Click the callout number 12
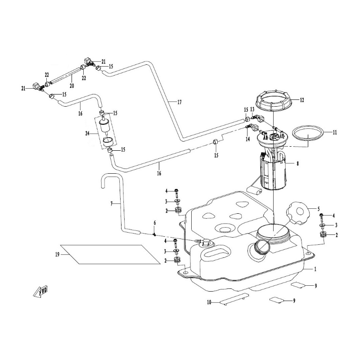pos(302,100)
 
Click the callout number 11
pos(334,133)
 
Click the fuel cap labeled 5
pos(297,214)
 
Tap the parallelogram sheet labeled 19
pos(110,254)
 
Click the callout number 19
pos(57,255)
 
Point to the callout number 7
pos(112,204)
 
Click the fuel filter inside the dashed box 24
pos(107,128)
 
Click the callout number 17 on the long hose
pos(179,102)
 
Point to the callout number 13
pos(252,110)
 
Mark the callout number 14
pos(247,139)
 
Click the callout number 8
pos(297,164)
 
